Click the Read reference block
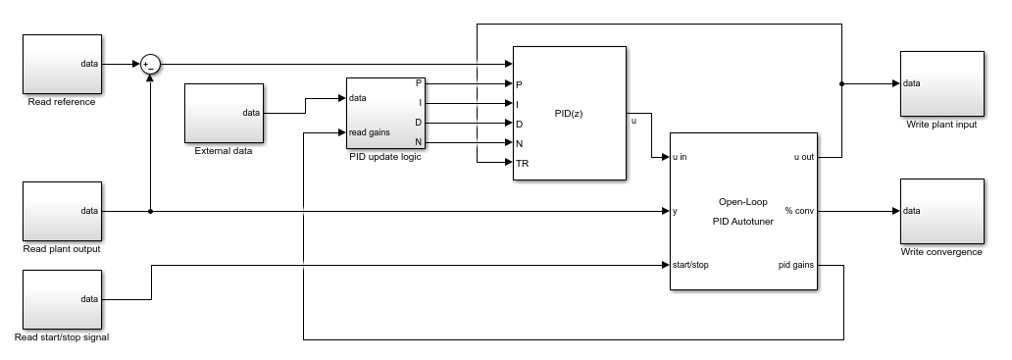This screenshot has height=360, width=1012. [x=62, y=64]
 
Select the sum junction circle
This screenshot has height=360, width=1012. [x=150, y=65]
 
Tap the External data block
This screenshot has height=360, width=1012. [x=224, y=113]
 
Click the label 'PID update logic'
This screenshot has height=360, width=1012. [x=384, y=157]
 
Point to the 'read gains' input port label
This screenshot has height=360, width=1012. [x=369, y=132]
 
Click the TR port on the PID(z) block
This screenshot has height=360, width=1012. [x=522, y=163]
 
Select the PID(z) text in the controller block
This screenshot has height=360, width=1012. [x=569, y=114]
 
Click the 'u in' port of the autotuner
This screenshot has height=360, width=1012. [x=680, y=157]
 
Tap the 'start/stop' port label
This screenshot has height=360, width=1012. [x=690, y=265]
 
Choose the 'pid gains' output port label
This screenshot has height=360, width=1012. [x=796, y=265]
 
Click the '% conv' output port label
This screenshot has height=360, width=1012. [x=799, y=211]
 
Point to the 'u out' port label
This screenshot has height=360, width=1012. [x=804, y=157]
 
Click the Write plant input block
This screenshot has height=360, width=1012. [x=942, y=84]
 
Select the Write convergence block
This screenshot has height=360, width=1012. [x=942, y=211]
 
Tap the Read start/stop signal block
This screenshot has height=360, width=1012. [x=62, y=299]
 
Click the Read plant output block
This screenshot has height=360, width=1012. [x=62, y=211]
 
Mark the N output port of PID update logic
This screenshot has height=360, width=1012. [x=418, y=142]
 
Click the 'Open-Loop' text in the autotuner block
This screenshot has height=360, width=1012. [x=743, y=202]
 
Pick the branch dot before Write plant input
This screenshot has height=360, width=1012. [x=841, y=84]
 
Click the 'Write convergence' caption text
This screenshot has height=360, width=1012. [x=941, y=252]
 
